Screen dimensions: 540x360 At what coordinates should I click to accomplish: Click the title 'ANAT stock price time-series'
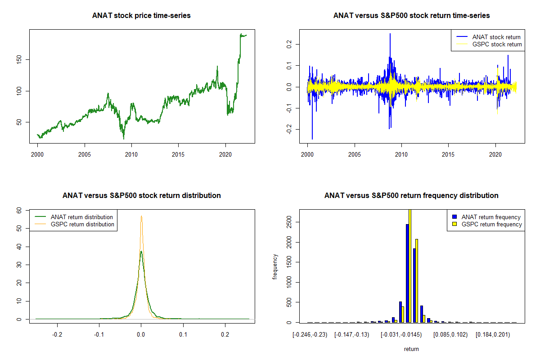pyautogui.click(x=141, y=15)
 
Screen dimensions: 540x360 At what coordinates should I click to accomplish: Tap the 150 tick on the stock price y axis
pyautogui.click(x=19, y=59)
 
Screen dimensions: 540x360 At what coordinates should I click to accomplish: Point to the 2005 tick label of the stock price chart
pyautogui.click(x=85, y=154)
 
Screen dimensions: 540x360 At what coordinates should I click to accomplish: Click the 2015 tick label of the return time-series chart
pyautogui.click(x=448, y=154)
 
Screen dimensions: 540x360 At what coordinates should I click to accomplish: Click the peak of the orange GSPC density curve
pyautogui.click(x=141, y=216)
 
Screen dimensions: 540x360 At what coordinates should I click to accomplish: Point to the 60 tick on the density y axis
pyautogui.click(x=19, y=211)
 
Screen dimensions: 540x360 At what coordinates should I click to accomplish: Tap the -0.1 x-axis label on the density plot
pyautogui.click(x=99, y=335)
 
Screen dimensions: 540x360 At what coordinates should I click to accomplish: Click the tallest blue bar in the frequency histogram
pyautogui.click(x=407, y=273)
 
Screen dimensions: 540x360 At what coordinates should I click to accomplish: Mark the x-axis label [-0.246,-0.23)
pyautogui.click(x=310, y=335)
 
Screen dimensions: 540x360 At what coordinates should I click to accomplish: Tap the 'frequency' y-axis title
pyautogui.click(x=275, y=267)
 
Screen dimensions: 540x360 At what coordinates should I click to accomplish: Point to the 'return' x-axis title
pyautogui.click(x=411, y=349)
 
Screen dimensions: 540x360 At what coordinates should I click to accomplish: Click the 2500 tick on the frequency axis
pyautogui.click(x=289, y=222)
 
